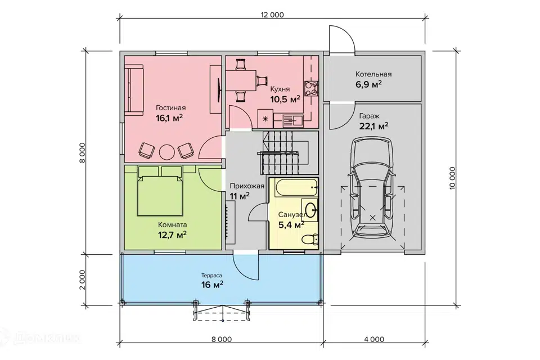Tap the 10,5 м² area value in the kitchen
pos(285,99)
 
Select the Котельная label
pos(373,74)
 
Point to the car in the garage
pos(372,190)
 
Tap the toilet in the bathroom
pos(309,238)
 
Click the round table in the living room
pos(167,151)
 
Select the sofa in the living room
pos(134,91)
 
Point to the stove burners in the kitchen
pos(311,88)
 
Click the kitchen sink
pos(292,120)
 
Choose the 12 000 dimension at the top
pos(272,15)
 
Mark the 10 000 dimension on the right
pos(452,178)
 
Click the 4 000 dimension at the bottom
pos(374,339)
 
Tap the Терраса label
pos(212,276)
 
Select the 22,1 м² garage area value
pos(374,126)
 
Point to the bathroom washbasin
pos(312,209)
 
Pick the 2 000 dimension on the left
pos(82,280)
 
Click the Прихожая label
pos(247,186)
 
